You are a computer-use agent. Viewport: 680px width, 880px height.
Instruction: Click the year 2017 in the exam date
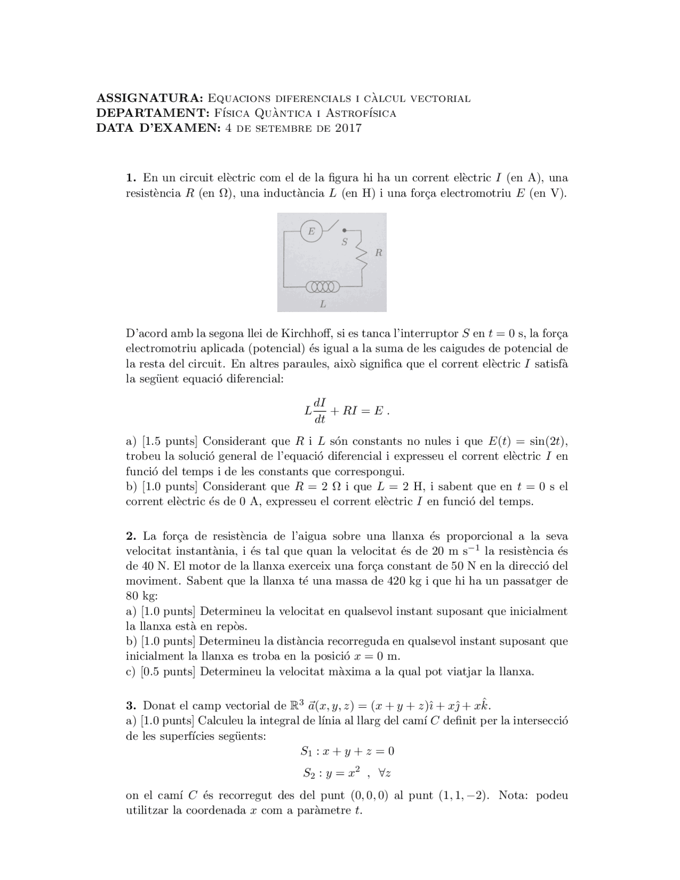(x=348, y=128)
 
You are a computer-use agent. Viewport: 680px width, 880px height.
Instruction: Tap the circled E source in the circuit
(x=311, y=231)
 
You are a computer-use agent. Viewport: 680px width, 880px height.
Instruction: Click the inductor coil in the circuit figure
(x=322, y=287)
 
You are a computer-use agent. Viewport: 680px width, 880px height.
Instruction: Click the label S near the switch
(x=344, y=242)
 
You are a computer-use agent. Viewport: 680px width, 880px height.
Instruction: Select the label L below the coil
(x=322, y=304)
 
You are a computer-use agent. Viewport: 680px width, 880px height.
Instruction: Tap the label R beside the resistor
(x=378, y=253)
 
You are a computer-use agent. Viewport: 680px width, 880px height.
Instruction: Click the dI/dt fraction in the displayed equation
(x=320, y=411)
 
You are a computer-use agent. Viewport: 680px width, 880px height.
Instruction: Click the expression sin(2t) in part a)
(x=549, y=441)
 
